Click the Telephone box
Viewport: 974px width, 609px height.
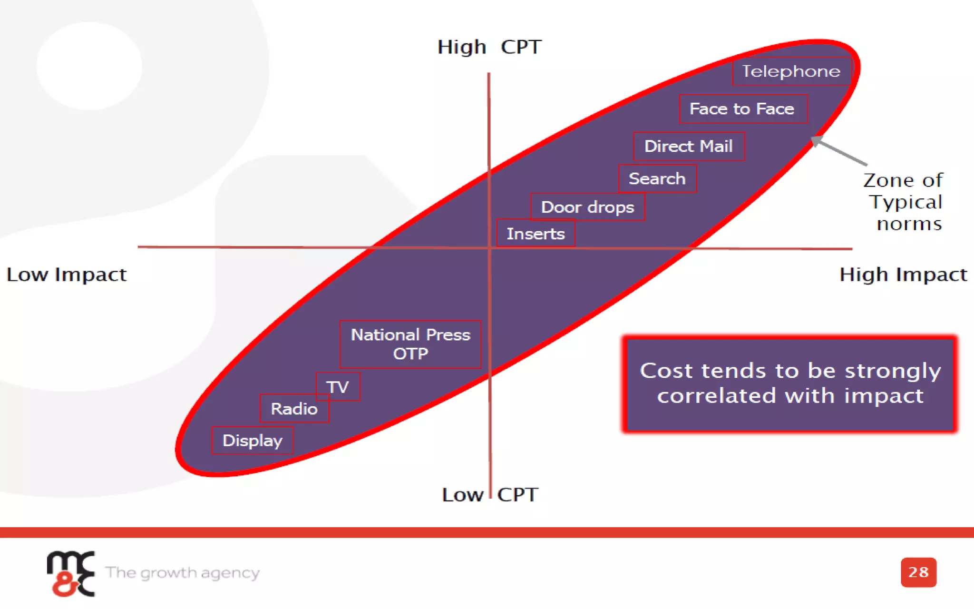(x=791, y=71)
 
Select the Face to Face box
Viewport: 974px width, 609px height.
(x=742, y=109)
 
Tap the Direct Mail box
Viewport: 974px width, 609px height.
(x=688, y=146)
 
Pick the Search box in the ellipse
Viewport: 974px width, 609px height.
(x=657, y=178)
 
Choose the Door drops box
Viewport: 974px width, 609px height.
(x=587, y=207)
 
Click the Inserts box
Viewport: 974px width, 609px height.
(x=536, y=234)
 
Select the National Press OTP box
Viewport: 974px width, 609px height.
(x=410, y=344)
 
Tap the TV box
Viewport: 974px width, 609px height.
(x=338, y=387)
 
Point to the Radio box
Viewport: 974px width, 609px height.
(x=294, y=409)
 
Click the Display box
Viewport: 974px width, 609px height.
(x=252, y=441)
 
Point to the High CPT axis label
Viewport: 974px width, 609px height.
(x=489, y=47)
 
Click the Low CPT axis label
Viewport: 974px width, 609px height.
(x=490, y=495)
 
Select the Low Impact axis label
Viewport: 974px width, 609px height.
(x=67, y=275)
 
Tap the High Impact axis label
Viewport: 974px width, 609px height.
(x=903, y=275)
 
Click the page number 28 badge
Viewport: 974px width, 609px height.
(x=918, y=572)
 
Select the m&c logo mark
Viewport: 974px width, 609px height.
(x=71, y=573)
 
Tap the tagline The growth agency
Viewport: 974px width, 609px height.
(x=183, y=572)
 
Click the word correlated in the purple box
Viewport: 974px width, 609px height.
(x=717, y=396)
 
